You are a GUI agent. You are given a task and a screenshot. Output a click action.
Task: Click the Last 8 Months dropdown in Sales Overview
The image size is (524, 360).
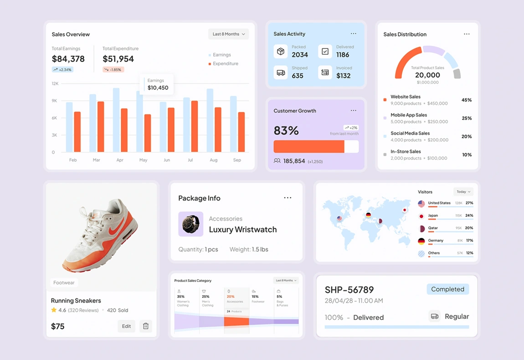pos(229,34)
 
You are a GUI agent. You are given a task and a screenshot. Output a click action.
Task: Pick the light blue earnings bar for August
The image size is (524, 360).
pos(210,120)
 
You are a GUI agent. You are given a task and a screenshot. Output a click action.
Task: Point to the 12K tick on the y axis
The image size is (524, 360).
pos(55,84)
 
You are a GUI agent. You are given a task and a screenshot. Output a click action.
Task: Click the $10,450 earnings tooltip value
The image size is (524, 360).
pos(158,88)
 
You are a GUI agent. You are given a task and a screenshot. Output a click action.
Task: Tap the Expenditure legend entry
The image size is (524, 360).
pos(225,64)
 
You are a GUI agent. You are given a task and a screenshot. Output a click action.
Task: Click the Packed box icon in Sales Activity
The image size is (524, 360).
pos(281,51)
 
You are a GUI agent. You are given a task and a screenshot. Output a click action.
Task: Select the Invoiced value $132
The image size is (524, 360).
pos(344,76)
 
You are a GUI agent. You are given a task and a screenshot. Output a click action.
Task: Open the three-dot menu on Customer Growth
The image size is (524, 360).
pos(354,111)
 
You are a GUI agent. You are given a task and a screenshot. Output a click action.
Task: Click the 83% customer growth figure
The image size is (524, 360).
pos(286,131)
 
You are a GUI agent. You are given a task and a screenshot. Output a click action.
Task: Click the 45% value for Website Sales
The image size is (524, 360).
pos(467,100)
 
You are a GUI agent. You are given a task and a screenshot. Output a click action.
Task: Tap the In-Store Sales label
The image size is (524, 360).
pos(406,152)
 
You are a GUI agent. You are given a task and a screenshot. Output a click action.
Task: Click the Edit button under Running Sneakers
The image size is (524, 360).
pos(126,326)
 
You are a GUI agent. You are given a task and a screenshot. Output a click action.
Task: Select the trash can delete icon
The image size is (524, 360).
pos(146,326)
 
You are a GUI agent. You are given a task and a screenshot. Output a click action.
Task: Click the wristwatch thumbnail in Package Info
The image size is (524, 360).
pos(190,224)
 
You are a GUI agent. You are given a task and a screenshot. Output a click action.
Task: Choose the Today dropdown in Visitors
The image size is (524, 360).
pos(463,192)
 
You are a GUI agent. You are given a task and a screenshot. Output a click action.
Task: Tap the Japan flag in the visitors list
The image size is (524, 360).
pos(421,216)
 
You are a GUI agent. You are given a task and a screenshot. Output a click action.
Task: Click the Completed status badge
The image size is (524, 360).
pos(447,289)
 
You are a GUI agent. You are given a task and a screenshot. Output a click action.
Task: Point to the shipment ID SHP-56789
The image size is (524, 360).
pos(349,290)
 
